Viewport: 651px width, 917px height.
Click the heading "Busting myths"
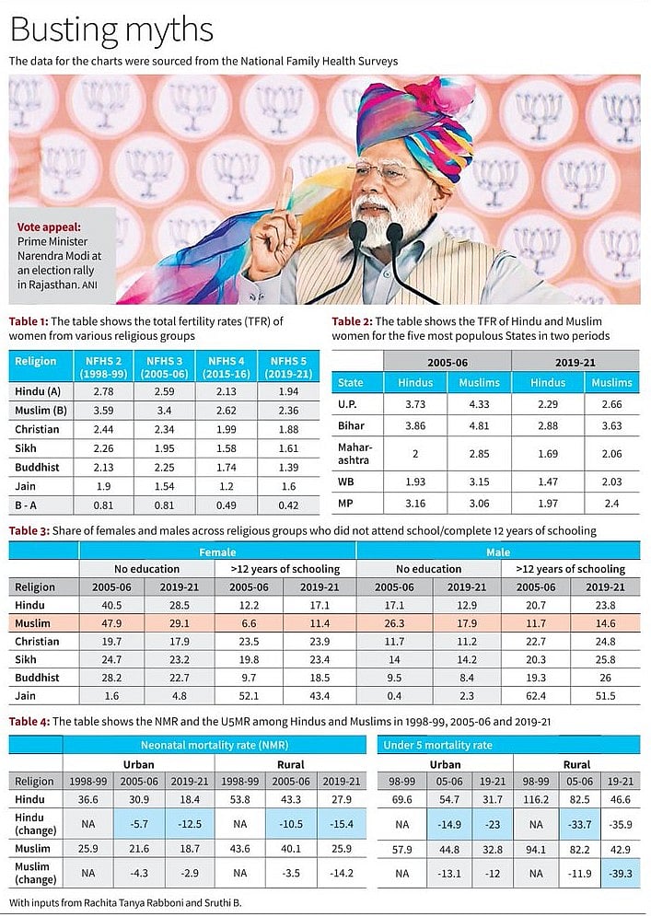[111, 29]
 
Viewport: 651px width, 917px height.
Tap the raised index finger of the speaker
[285, 189]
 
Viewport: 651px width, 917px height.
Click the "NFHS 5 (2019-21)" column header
[289, 366]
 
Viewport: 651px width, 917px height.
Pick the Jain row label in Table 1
[24, 484]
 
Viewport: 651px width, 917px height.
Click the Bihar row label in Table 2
[351, 426]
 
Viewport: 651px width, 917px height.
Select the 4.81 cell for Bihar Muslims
[477, 426]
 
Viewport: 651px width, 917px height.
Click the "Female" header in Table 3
[217, 551]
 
